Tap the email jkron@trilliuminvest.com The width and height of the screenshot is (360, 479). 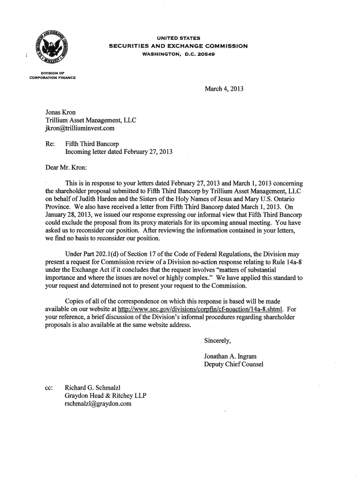(x=79, y=128)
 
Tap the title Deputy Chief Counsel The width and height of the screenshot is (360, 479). (x=234, y=364)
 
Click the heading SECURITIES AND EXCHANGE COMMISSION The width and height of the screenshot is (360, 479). (x=178, y=46)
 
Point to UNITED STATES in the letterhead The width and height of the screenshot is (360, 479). (x=178, y=38)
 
